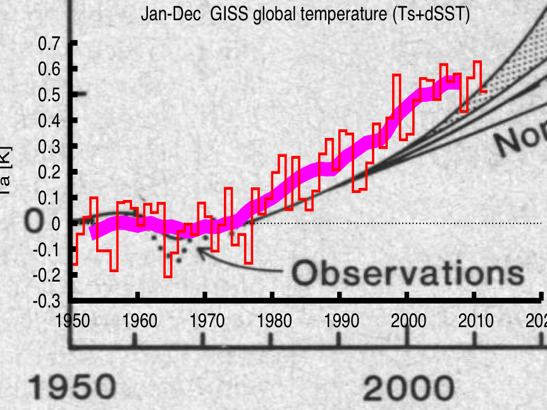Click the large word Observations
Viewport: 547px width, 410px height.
(x=408, y=273)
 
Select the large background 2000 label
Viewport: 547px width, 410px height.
(x=409, y=388)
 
